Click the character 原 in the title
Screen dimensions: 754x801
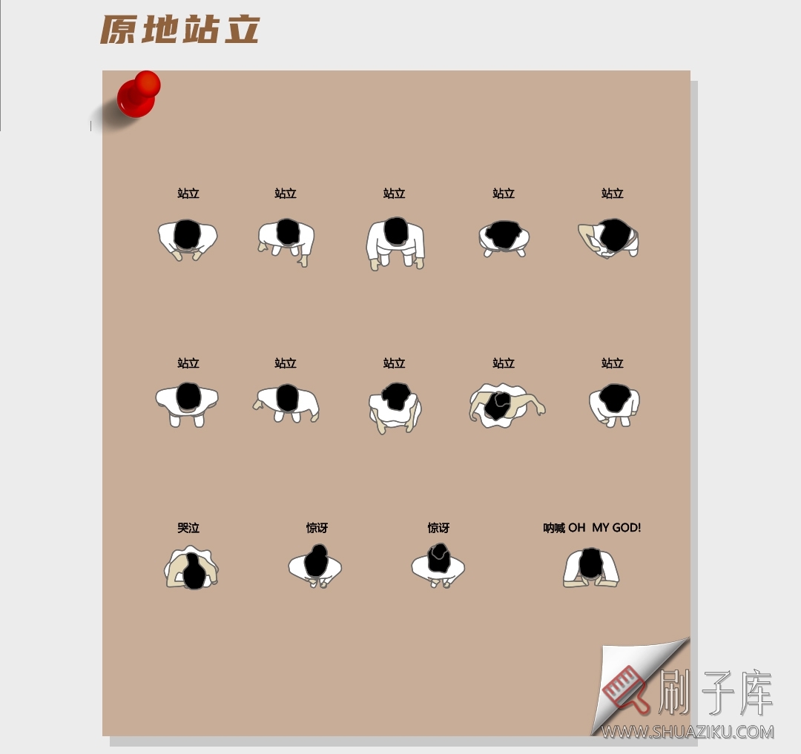[119, 30]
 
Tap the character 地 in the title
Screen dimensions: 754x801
[159, 30]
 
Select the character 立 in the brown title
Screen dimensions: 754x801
[240, 30]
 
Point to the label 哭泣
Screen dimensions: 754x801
[188, 528]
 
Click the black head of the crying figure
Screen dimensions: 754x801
[194, 572]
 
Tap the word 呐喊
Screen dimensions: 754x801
[554, 528]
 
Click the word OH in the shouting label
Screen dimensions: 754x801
[577, 528]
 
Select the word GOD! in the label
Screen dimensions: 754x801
[627, 528]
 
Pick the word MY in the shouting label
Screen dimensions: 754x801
[601, 528]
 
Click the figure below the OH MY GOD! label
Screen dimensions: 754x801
[591, 568]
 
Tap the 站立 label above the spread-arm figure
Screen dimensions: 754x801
[504, 363]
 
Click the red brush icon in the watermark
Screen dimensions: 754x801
[627, 690]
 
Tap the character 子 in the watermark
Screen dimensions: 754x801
[715, 692]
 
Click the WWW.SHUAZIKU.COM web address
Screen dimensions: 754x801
[688, 732]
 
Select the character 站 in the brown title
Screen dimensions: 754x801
[200, 30]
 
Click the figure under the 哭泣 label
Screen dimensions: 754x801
[191, 569]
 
